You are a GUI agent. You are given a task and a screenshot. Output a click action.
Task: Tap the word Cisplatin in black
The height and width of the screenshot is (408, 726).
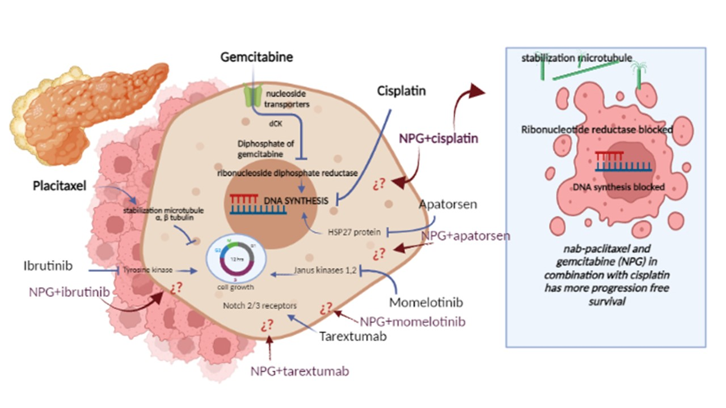click(x=403, y=91)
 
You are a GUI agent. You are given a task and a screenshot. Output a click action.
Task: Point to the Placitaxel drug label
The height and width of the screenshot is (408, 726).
click(x=60, y=185)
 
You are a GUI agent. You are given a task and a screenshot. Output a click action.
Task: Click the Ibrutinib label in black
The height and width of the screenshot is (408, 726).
click(x=48, y=266)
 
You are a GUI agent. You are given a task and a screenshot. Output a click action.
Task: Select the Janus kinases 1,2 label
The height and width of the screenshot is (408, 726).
click(x=324, y=271)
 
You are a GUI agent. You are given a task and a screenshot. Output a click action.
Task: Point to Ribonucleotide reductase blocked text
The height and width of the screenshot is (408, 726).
click(x=597, y=130)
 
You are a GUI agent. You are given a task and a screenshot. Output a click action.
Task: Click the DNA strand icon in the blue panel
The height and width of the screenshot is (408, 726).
click(x=622, y=161)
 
